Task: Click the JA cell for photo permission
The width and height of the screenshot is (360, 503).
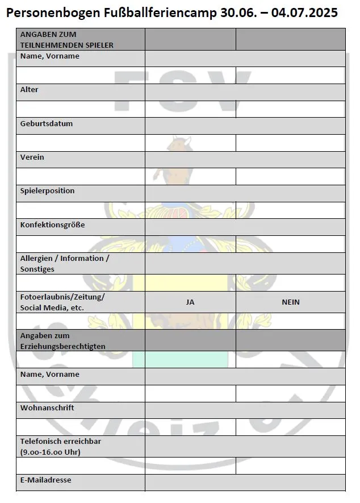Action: [190, 302]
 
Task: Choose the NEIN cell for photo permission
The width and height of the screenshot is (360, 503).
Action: [290, 302]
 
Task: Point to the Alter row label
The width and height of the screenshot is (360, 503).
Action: [30, 90]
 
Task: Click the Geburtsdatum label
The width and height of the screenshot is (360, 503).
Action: [47, 123]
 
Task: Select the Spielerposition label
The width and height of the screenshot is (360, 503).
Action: [48, 190]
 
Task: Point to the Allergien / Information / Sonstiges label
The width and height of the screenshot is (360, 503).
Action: [65, 263]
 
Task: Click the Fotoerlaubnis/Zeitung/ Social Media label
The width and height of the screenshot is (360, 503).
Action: [62, 302]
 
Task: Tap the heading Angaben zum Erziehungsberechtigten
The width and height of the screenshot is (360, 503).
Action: [62, 340]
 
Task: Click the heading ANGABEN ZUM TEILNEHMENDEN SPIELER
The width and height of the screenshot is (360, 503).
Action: [66, 39]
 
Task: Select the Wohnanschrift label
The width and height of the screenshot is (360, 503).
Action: [47, 408]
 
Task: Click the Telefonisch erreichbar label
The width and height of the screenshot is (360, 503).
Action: [61, 441]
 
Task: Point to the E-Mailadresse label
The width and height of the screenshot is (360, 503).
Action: [46, 480]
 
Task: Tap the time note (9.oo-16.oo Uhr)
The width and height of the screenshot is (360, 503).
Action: [50, 452]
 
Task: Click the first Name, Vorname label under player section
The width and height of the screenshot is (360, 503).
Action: [50, 56]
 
